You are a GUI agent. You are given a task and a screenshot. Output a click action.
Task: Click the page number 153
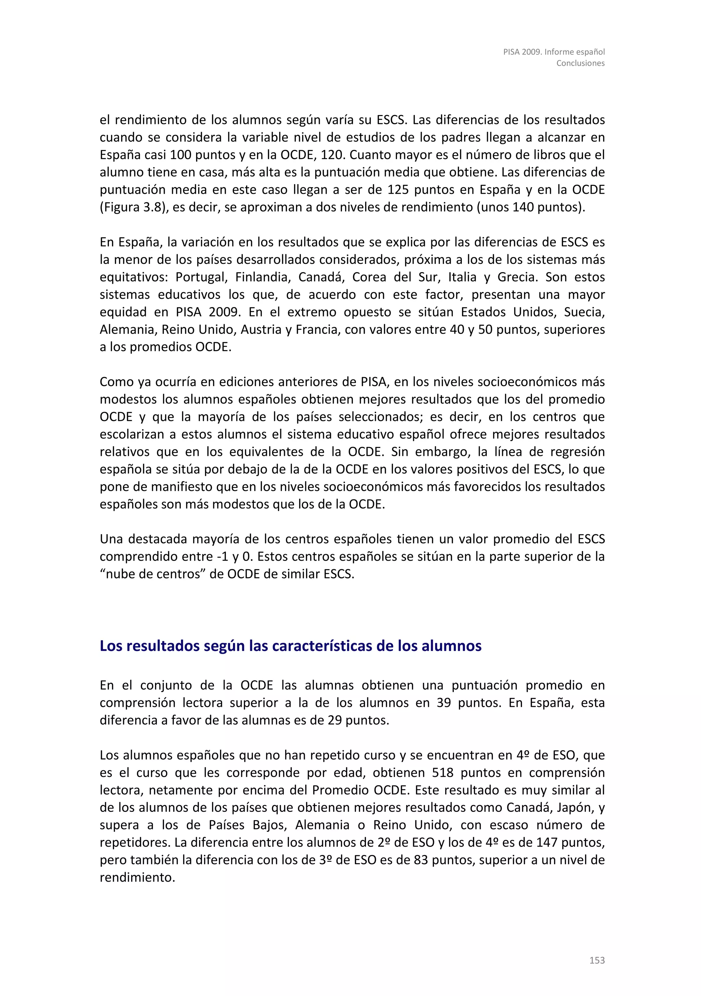597,960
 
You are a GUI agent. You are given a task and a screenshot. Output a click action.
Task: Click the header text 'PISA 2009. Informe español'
553,52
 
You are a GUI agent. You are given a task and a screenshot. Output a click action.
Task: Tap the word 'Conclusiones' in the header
581,63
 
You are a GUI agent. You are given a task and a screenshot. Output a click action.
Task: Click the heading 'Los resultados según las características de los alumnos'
291,646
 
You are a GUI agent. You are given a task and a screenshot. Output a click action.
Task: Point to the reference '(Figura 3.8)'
133,207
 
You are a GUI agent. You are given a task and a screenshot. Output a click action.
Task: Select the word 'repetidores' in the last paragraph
135,842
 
